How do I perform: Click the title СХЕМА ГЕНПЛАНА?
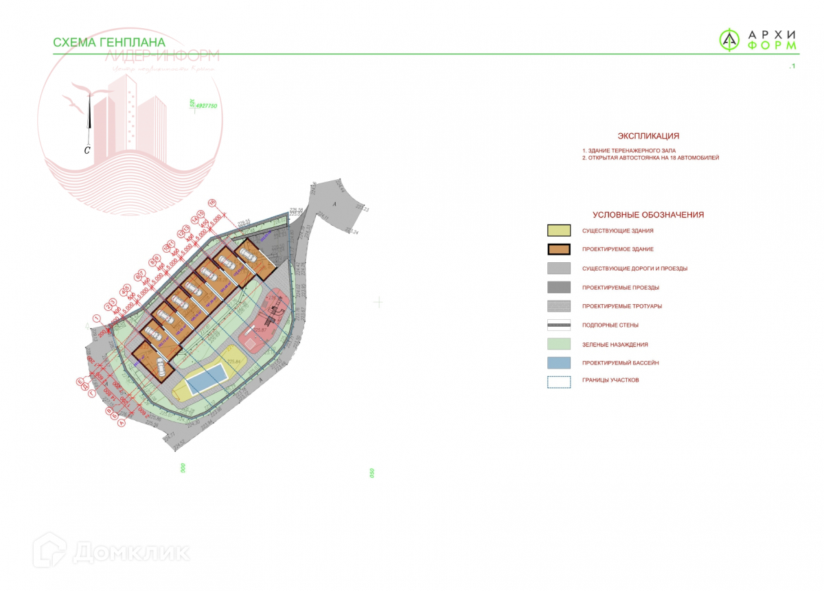click(109, 43)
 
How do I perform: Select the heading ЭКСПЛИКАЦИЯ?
click(648, 136)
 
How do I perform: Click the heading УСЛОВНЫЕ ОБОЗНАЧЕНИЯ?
click(648, 215)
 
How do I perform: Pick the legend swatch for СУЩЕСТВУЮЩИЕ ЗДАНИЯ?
click(559, 231)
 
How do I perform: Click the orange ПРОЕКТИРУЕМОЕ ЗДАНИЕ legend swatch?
click(559, 249)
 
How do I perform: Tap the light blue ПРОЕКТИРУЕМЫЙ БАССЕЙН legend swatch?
click(559, 363)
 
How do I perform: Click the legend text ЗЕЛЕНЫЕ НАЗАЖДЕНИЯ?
click(615, 345)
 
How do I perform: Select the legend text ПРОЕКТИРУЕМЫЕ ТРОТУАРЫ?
click(622, 306)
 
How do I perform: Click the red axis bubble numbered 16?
click(212, 202)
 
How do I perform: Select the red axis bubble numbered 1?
click(97, 318)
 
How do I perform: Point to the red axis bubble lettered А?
click(122, 424)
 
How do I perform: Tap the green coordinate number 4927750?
click(206, 106)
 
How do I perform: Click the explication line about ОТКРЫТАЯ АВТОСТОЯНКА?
click(650, 158)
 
